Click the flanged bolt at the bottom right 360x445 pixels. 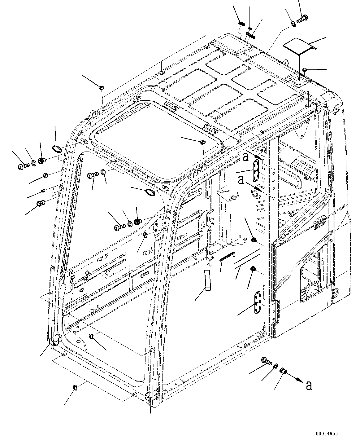pos(266,361)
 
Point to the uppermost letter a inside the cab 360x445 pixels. pos(245,157)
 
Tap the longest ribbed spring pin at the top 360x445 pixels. pos(251,36)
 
